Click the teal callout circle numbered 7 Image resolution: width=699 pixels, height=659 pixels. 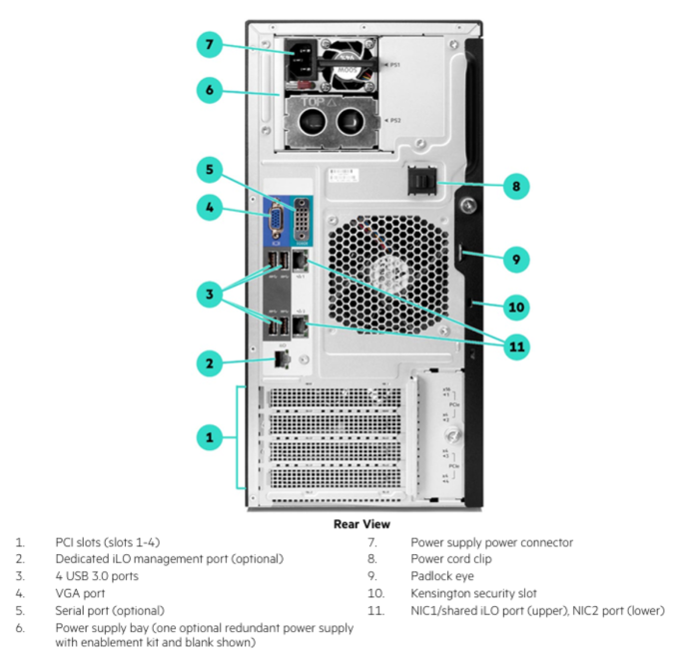[x=209, y=45]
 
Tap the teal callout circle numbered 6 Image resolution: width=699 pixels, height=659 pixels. [x=209, y=90]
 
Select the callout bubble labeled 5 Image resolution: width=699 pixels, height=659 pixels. [x=209, y=170]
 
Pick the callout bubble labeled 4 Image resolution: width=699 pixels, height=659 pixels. [x=209, y=210]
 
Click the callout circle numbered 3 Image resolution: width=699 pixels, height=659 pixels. [x=209, y=295]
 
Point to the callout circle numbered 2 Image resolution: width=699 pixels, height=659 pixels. [x=209, y=363]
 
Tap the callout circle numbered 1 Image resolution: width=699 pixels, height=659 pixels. [x=209, y=436]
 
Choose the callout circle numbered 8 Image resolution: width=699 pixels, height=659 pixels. [x=515, y=186]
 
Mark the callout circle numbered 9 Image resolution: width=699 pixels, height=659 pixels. [x=515, y=260]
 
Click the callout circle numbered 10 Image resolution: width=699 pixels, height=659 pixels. [x=515, y=307]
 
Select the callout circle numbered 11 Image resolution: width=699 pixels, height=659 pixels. [x=515, y=347]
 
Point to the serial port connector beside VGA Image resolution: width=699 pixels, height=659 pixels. [x=302, y=217]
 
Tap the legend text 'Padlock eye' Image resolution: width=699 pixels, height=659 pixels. [x=442, y=576]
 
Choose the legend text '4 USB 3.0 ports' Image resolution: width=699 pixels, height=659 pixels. [x=97, y=576]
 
